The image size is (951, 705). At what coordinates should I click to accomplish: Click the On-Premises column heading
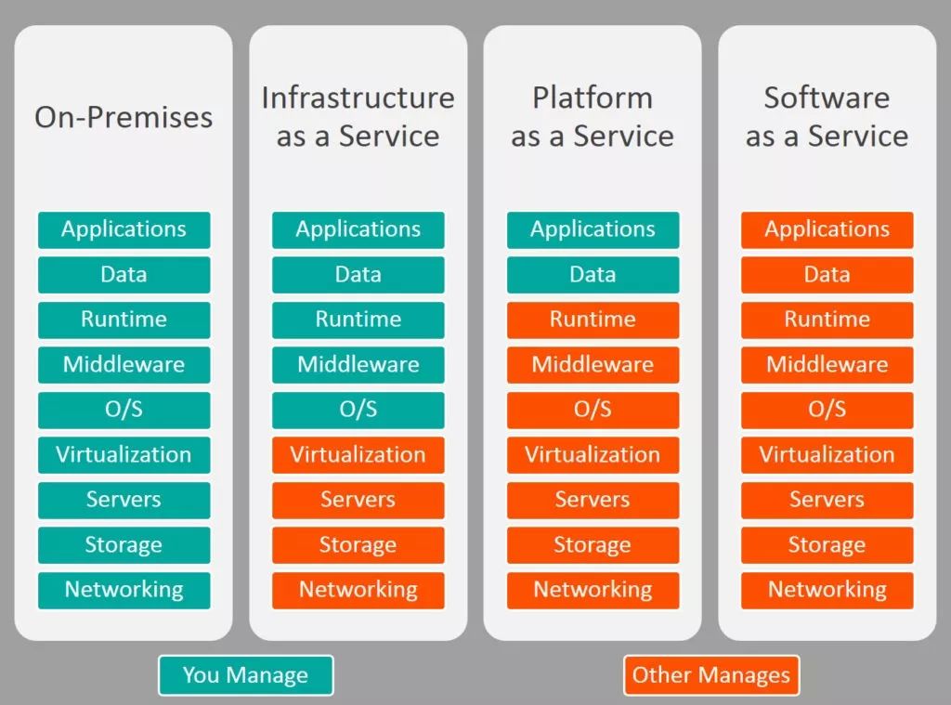(124, 117)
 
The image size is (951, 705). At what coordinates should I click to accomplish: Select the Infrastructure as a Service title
(358, 116)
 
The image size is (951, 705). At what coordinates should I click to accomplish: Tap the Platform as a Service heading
(593, 116)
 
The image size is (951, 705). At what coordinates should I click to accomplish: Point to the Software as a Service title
(827, 116)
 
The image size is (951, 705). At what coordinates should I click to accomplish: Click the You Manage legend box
(245, 675)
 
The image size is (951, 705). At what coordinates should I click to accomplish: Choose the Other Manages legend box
(711, 675)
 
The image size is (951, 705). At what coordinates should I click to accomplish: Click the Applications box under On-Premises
(124, 230)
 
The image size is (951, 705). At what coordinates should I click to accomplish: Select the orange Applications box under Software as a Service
(827, 230)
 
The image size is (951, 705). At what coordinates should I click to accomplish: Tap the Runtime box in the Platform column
(593, 320)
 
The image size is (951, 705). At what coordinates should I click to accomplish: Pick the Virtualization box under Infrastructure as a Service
(358, 455)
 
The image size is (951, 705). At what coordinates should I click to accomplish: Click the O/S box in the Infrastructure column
(358, 411)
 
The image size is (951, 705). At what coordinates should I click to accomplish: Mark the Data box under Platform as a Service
(593, 275)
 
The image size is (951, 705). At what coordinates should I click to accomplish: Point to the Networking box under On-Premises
(124, 591)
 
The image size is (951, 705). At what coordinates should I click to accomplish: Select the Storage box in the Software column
(827, 545)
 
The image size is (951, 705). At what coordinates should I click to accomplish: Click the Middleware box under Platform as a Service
(593, 365)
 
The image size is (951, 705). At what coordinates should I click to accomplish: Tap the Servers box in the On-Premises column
(124, 500)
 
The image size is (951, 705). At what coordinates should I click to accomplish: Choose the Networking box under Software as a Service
(827, 591)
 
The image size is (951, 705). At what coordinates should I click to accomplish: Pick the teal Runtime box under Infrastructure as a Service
(358, 320)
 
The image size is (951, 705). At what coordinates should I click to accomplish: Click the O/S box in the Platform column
(593, 411)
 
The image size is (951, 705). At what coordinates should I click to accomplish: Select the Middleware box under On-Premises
(124, 365)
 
